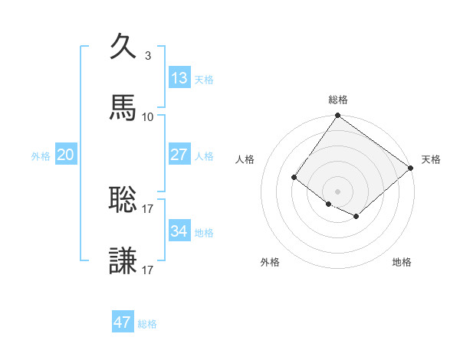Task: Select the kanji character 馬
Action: point(123,108)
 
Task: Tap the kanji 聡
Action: point(123,200)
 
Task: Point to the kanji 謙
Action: point(123,261)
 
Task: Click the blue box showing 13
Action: point(179,78)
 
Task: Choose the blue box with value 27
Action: point(179,155)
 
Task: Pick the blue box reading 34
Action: point(179,231)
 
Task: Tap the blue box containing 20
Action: point(66,155)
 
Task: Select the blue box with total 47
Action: point(123,322)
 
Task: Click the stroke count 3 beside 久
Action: point(147,55)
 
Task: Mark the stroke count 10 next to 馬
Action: point(147,116)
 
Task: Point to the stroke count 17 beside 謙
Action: point(147,270)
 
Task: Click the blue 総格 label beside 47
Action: point(147,324)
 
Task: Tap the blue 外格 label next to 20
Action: point(41,156)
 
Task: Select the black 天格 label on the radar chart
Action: point(431,159)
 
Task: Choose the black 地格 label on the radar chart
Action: point(402,262)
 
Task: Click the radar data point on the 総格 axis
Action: point(337,116)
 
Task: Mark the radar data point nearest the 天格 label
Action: point(411,168)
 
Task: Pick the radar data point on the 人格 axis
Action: point(294,177)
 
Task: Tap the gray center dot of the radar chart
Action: point(337,191)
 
